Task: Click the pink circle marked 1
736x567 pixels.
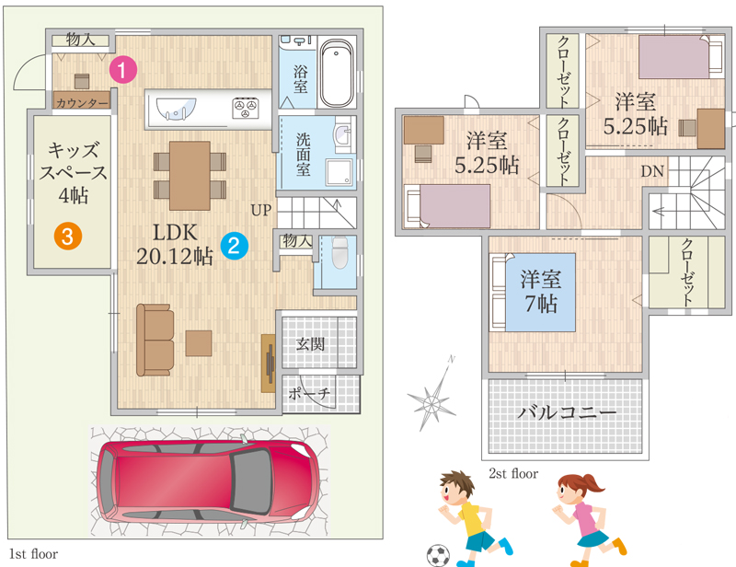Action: pyautogui.click(x=123, y=70)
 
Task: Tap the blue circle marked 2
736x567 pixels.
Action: pyautogui.click(x=234, y=245)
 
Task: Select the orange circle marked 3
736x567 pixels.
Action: pyautogui.click(x=68, y=236)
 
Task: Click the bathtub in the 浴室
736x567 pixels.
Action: pyautogui.click(x=336, y=74)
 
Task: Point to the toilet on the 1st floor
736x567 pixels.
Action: pyautogui.click(x=339, y=252)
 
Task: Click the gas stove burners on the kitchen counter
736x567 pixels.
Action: pyautogui.click(x=246, y=108)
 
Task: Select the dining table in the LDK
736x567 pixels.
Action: pyautogui.click(x=190, y=176)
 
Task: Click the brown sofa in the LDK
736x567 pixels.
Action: pyautogui.click(x=155, y=340)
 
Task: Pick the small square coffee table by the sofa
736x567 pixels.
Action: pyautogui.click(x=199, y=343)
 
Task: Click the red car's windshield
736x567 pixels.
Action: pyautogui.click(x=252, y=481)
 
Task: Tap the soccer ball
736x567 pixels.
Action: pyautogui.click(x=438, y=556)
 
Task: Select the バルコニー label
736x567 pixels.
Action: pyautogui.click(x=567, y=413)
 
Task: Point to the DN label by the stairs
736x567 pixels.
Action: pyautogui.click(x=652, y=171)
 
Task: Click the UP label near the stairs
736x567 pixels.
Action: pyautogui.click(x=261, y=210)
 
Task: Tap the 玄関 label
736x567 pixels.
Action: pyautogui.click(x=310, y=344)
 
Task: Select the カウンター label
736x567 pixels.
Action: pyautogui.click(x=83, y=102)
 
